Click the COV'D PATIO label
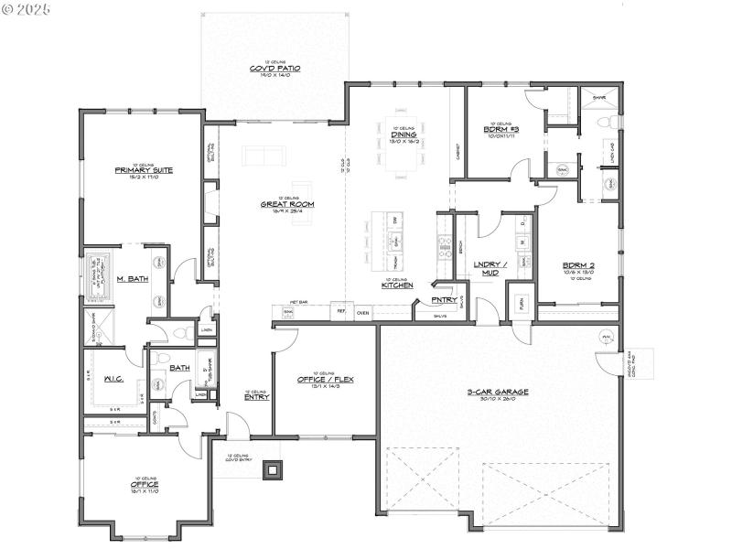point(275,69)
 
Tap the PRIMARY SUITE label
point(144,170)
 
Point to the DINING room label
point(404,135)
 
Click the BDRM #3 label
point(500,129)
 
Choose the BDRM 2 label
point(578,265)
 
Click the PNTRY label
point(444,299)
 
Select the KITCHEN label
point(397,285)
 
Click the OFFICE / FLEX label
point(320,379)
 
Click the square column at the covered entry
point(272,470)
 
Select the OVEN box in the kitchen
point(362,312)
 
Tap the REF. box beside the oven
point(340,312)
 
